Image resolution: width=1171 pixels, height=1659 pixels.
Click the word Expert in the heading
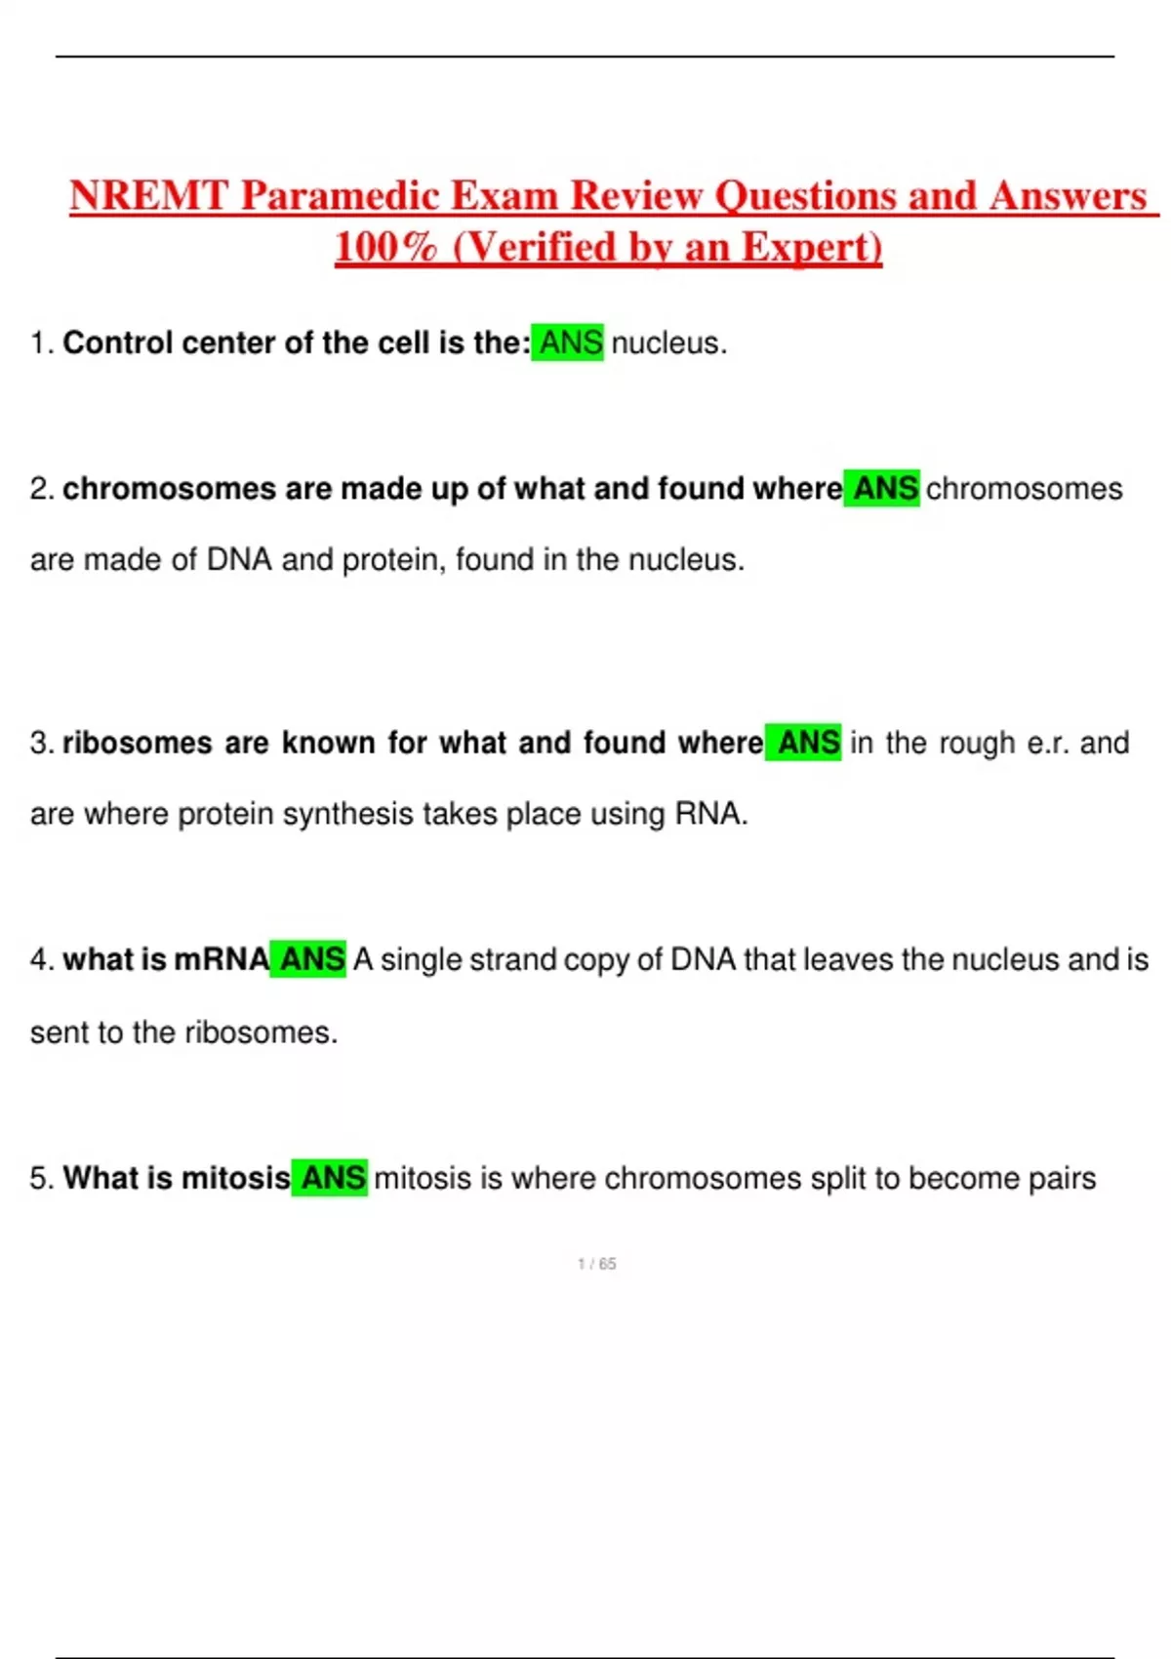pyautogui.click(x=811, y=247)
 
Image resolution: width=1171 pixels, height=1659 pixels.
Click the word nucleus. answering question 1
pyautogui.click(x=668, y=344)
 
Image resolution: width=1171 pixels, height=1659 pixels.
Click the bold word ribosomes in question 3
pyautogui.click(x=137, y=743)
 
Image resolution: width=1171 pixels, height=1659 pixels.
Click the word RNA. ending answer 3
pyautogui.click(x=710, y=814)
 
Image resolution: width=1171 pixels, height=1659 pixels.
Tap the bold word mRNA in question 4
pyautogui.click(x=222, y=959)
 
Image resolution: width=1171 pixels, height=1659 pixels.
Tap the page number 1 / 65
pyautogui.click(x=596, y=1264)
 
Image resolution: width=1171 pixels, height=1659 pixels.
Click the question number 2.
pyautogui.click(x=41, y=489)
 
